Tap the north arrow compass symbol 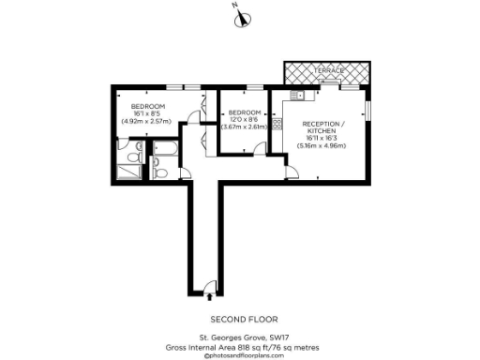(239, 13)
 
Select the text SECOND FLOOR (239, 318)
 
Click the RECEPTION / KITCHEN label (322, 128)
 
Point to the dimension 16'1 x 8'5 (147, 113)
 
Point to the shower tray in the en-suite (129, 170)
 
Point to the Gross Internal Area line (239, 346)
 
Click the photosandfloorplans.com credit (239, 355)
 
